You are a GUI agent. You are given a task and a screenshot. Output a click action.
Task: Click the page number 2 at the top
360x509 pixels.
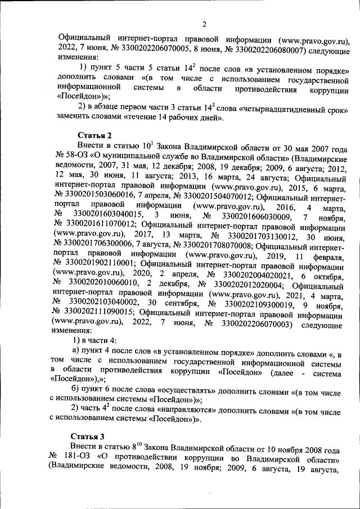coord(205,23)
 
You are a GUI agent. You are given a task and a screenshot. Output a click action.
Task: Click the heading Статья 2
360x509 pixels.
coord(94,135)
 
